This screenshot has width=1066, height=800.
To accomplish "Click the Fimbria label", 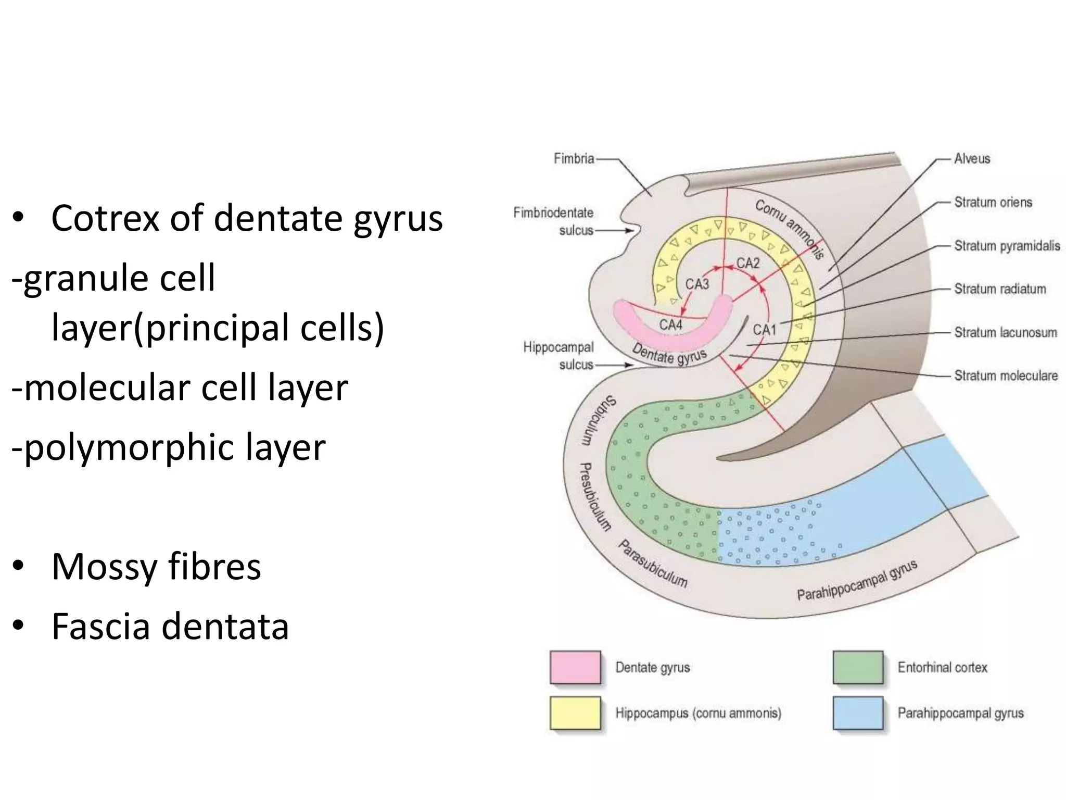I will (574, 158).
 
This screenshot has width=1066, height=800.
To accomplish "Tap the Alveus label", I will (972, 158).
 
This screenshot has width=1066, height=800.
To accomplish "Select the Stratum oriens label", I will (993, 202).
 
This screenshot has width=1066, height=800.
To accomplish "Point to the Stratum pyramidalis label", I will (1007, 245).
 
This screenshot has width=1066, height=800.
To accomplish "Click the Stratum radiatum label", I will (999, 289).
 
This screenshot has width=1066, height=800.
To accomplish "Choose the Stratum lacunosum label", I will (1005, 332).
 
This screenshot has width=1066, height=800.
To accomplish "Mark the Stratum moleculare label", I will (1006, 376).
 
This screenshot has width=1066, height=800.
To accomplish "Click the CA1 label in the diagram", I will (764, 330).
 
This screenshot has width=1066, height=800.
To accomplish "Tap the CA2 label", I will (748, 263).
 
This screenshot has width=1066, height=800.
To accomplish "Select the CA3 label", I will (697, 284).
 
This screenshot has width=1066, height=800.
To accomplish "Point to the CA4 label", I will (670, 325).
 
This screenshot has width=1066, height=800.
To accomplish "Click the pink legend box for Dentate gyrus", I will (575, 667).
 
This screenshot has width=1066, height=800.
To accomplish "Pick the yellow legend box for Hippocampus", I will (575, 712).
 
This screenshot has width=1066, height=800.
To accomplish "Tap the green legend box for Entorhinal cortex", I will (858, 667).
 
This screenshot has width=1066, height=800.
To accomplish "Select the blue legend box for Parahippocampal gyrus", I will (858, 712).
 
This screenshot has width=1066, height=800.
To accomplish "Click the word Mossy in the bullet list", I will (104, 567).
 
